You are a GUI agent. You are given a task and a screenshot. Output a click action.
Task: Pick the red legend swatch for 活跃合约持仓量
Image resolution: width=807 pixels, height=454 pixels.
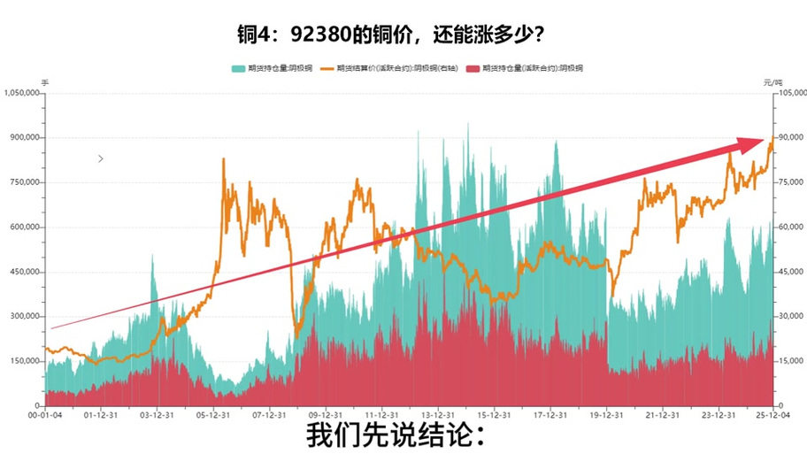[x=472, y=67]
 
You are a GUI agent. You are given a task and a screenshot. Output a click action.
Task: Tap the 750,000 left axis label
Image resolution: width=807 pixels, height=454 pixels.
[x=24, y=182]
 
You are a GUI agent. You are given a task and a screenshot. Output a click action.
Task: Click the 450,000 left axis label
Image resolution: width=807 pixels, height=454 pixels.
[x=24, y=272]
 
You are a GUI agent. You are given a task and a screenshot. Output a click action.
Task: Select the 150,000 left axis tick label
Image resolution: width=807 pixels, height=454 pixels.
[x=24, y=361]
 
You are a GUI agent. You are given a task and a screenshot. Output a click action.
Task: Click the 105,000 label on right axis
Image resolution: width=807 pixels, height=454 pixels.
[x=788, y=93]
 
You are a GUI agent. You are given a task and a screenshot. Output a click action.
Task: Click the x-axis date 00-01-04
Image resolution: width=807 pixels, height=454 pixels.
[x=44, y=414]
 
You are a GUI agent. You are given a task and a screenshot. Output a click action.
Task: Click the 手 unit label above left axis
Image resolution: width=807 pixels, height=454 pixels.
[x=46, y=82]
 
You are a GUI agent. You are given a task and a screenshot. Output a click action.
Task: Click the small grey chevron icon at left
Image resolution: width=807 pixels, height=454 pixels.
[x=101, y=158]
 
